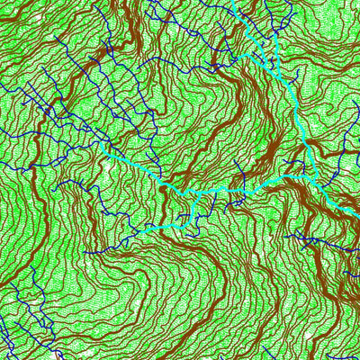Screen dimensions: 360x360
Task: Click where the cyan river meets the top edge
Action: click(x=237, y=2)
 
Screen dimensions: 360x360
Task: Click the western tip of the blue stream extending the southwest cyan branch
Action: click(x=87, y=252)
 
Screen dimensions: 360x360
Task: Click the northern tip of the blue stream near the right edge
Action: click(x=346, y=144)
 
